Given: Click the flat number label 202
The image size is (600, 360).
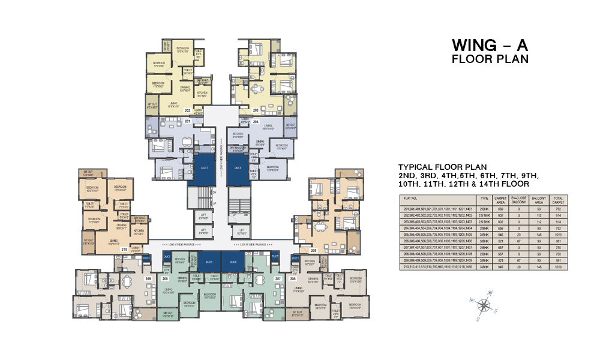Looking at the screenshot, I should pyautogui.click(x=188, y=111).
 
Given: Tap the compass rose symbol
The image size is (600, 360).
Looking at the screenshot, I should pyautogui.click(x=483, y=305).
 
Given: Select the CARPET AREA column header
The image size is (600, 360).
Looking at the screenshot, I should pyautogui.click(x=500, y=199).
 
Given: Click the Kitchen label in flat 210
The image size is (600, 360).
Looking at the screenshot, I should pyautogui.click(x=139, y=232).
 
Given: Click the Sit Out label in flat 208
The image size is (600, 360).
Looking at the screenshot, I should pyautogui.click(x=167, y=315).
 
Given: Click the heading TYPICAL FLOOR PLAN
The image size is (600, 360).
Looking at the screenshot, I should pyautogui.click(x=442, y=166).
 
